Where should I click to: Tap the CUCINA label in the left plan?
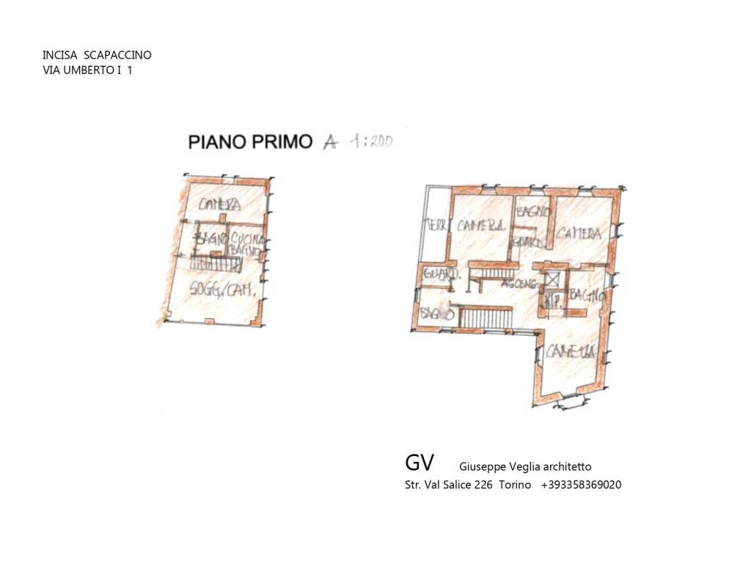tap(246, 239)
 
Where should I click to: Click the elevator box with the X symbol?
tap(552, 279)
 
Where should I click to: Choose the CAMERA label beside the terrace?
tap(479, 227)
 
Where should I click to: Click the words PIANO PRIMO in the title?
tap(250, 141)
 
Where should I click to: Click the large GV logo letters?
tap(420, 463)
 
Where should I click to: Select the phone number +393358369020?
tap(581, 485)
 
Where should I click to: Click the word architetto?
tap(564, 466)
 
